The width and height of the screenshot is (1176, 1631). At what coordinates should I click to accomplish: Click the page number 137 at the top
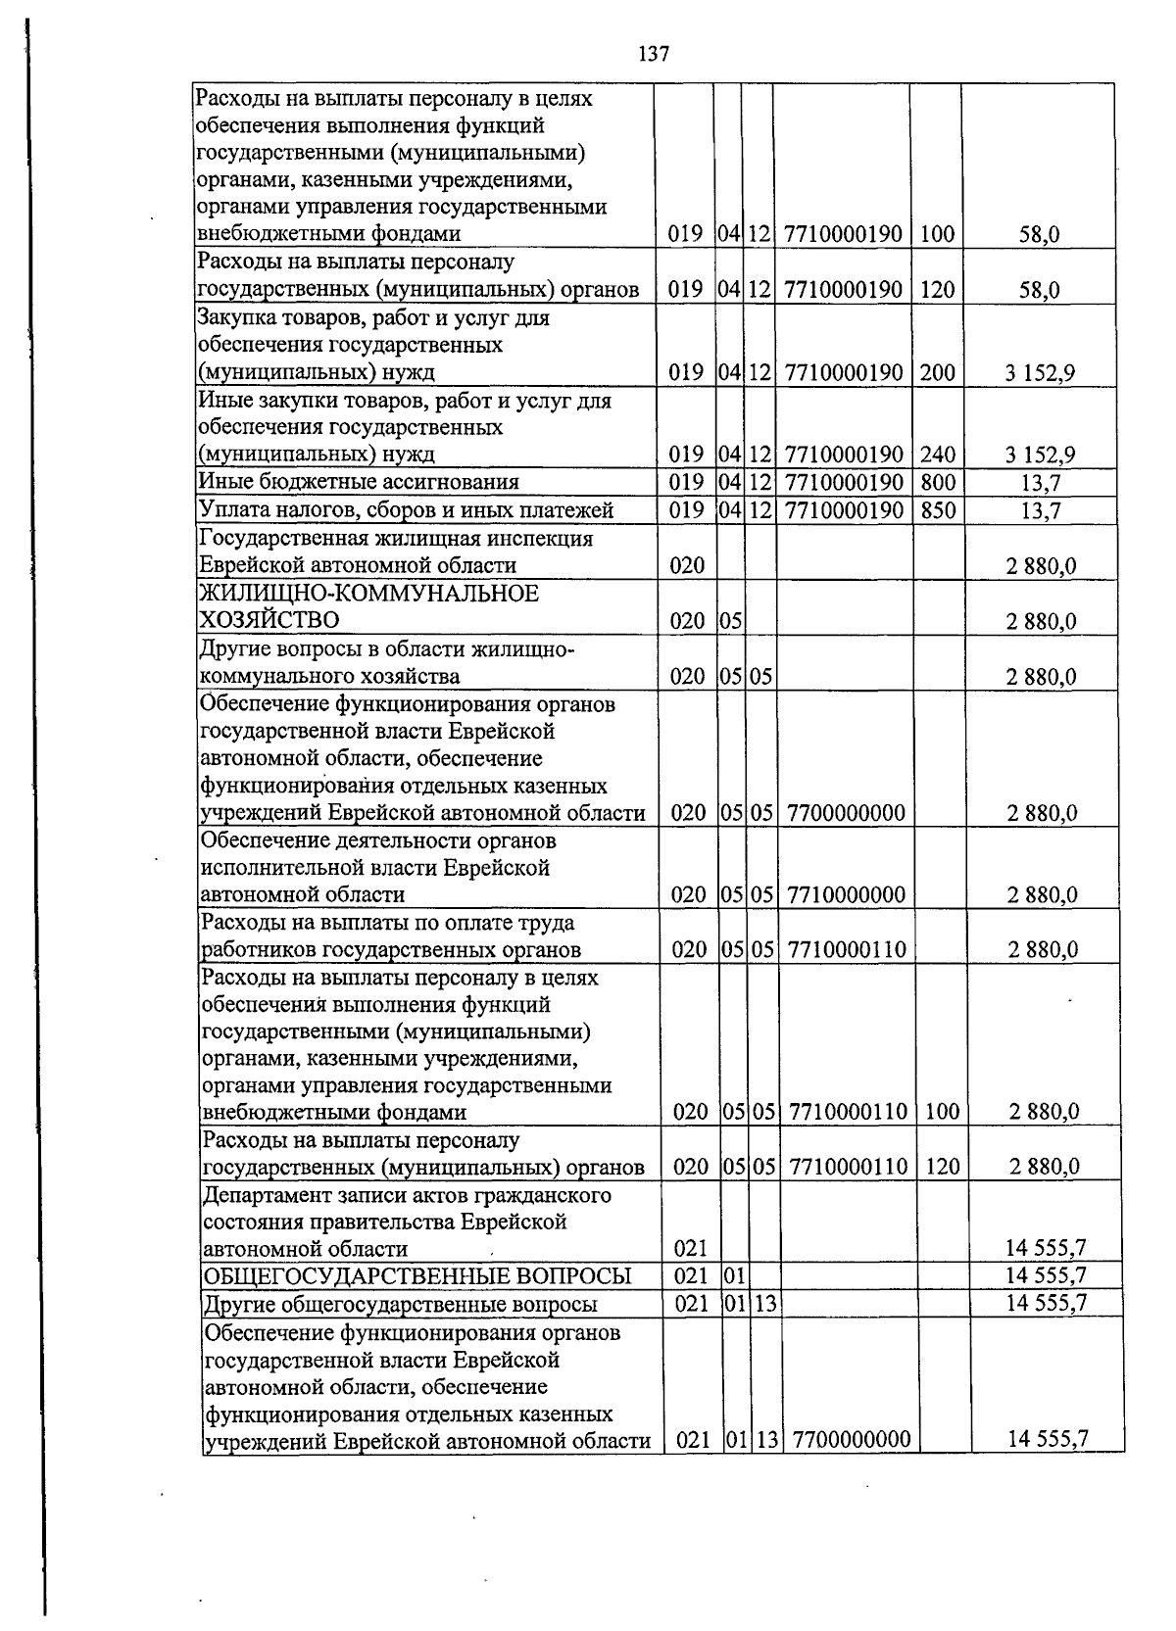(654, 55)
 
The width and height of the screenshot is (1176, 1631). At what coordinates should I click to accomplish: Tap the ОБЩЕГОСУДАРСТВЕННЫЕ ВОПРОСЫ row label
(416, 1275)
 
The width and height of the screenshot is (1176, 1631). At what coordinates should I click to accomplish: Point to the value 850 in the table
(938, 509)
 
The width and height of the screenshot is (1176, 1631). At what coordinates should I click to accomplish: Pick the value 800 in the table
(938, 482)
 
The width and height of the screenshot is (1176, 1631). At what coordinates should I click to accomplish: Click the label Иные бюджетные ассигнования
(359, 482)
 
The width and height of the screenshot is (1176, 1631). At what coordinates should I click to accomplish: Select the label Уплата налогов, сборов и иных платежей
(406, 509)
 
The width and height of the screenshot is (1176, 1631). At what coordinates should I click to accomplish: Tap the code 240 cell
(938, 455)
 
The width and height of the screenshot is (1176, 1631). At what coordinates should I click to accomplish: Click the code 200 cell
(938, 372)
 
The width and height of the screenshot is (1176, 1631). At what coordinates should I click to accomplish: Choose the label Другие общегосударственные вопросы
(400, 1304)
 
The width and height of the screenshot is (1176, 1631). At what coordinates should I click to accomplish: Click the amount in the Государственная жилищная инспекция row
(1042, 565)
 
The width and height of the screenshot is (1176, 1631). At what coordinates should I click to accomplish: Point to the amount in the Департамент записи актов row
(1047, 1248)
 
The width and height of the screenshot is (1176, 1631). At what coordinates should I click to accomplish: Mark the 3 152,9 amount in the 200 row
(1040, 372)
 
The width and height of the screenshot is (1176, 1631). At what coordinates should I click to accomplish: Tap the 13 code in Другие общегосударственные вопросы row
(765, 1303)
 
